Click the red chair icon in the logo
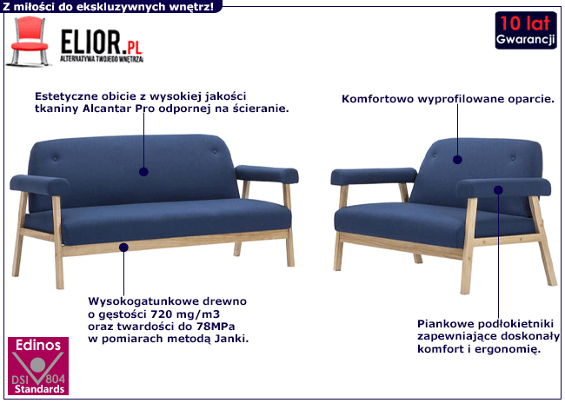[x=29, y=42]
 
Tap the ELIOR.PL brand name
[x=102, y=43]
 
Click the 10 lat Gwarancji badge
[x=526, y=30]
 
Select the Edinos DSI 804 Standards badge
[x=38, y=366]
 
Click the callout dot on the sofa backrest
[x=143, y=172]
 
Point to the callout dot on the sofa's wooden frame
[x=123, y=248]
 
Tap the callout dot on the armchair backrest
[x=457, y=160]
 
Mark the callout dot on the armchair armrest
[x=498, y=190]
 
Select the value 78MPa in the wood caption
[x=216, y=327]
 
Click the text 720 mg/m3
[x=185, y=314]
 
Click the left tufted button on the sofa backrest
[x=55, y=157]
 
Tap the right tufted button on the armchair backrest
[x=513, y=158]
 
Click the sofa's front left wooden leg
[x=58, y=242]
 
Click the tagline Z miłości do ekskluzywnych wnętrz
[x=108, y=6]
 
